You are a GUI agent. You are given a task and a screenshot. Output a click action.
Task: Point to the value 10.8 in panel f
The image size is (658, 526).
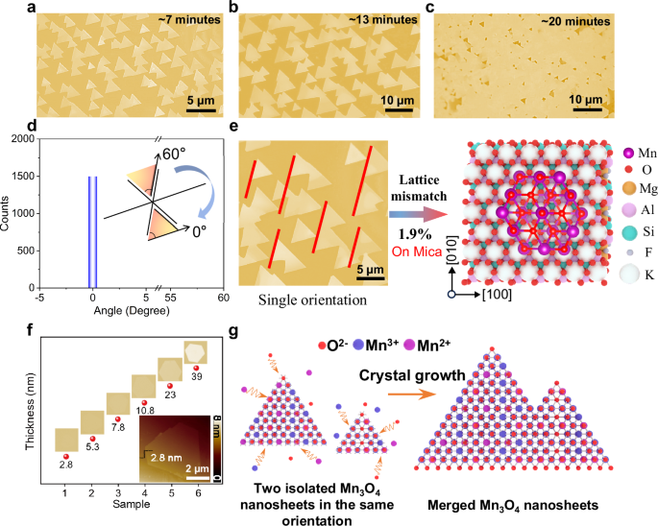point(145,410)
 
